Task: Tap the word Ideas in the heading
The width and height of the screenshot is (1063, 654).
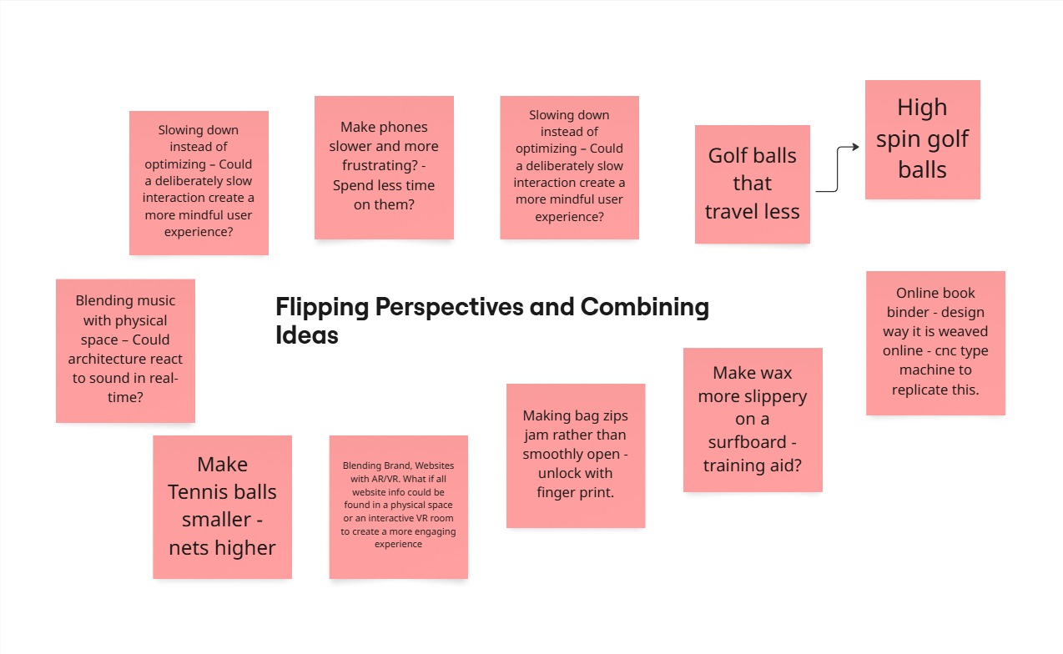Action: click(307, 335)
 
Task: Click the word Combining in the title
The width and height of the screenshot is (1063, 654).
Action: click(645, 307)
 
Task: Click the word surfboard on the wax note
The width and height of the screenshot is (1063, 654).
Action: click(747, 442)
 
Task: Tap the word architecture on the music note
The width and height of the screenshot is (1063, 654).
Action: click(125, 360)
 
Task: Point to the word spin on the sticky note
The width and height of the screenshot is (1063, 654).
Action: click(897, 139)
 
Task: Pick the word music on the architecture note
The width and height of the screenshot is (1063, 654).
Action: click(157, 300)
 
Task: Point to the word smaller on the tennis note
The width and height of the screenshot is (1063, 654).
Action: click(216, 520)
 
